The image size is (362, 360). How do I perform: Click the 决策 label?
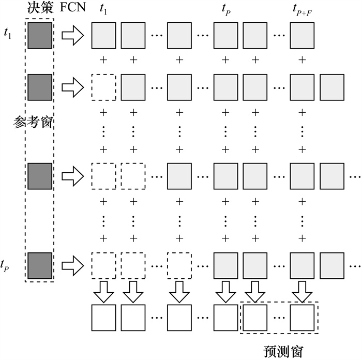click(x=39, y=9)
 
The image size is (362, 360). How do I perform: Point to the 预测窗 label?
click(x=282, y=351)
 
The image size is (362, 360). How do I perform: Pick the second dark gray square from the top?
click(x=40, y=87)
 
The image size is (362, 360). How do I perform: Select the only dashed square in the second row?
click(x=104, y=87)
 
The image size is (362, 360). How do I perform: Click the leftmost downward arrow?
click(x=104, y=292)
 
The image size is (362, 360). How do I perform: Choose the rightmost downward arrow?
click(x=302, y=292)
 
